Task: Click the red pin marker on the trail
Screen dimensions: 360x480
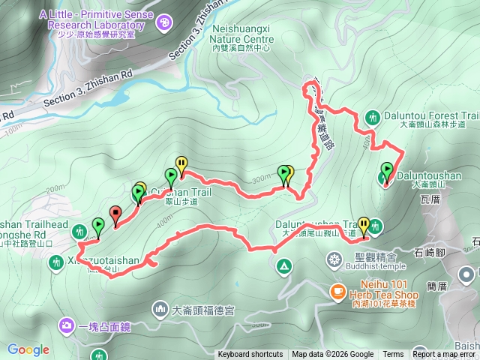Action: (115, 214)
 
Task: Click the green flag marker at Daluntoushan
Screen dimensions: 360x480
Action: (387, 172)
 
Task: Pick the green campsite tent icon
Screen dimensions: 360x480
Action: (284, 265)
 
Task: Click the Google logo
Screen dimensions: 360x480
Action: (28, 349)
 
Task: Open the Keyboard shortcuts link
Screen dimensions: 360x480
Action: (250, 355)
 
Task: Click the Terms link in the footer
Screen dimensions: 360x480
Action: (392, 355)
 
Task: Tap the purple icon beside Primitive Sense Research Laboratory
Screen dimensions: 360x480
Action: (164, 25)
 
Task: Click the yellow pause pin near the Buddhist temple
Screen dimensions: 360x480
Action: (364, 225)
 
